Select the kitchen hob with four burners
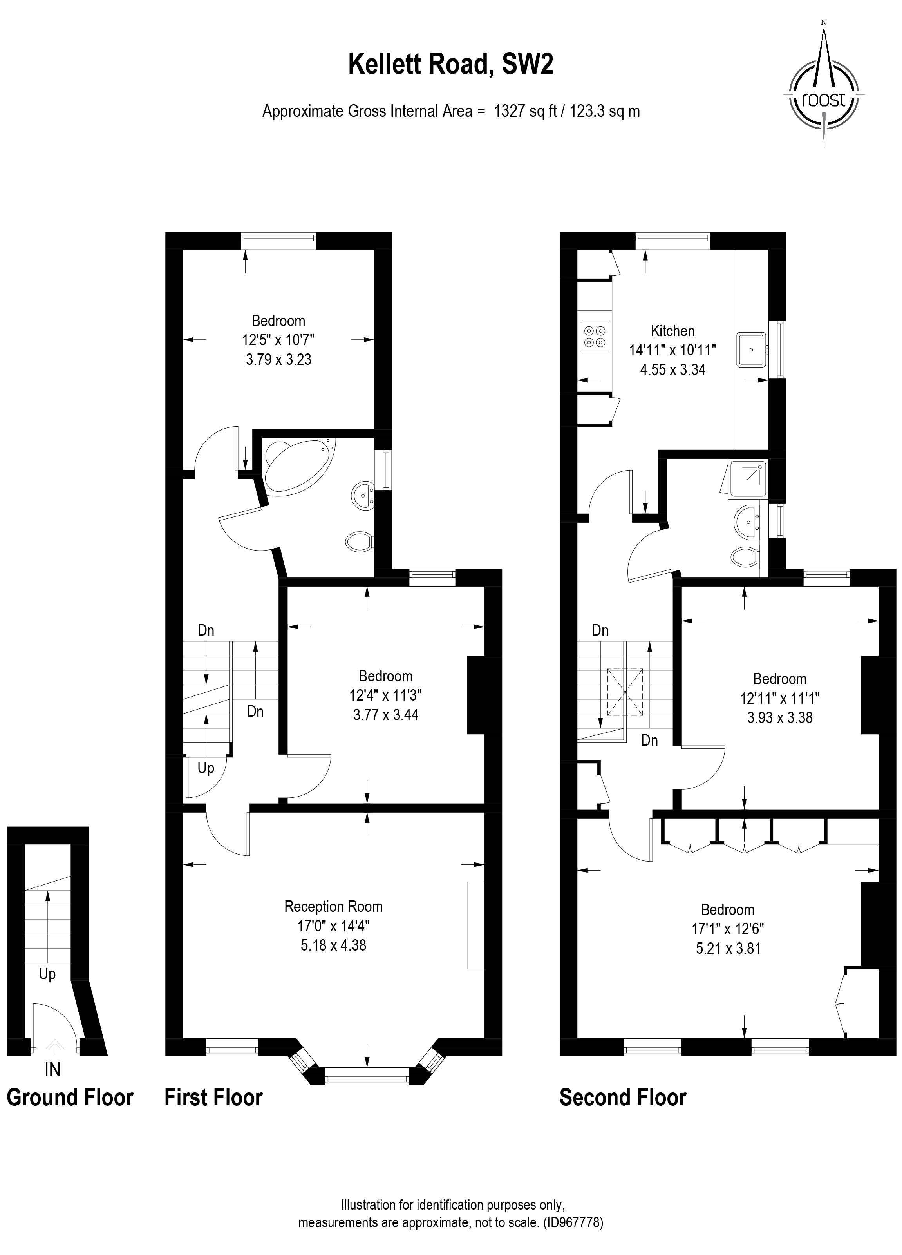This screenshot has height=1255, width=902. (x=595, y=337)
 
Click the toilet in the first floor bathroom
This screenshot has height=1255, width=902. (x=358, y=541)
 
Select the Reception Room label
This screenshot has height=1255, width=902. (x=333, y=906)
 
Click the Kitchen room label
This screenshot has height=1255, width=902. (x=672, y=331)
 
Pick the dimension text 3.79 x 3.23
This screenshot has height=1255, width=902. (x=278, y=360)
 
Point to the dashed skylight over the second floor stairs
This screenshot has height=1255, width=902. (x=625, y=692)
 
